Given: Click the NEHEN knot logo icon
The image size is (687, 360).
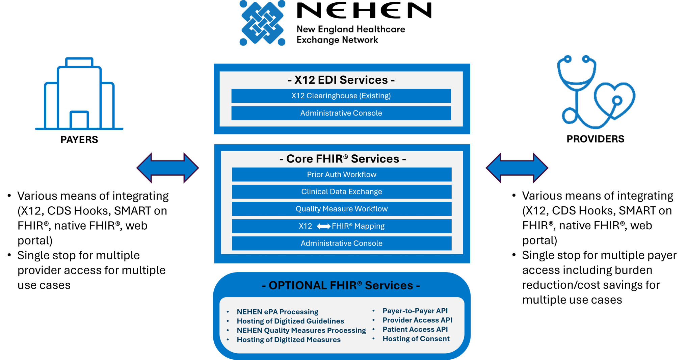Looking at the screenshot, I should (262, 23).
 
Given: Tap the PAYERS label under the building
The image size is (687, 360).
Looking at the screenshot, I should (79, 139).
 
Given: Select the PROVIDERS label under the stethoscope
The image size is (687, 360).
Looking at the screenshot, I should (595, 139).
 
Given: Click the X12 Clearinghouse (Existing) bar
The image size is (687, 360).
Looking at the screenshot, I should (341, 96).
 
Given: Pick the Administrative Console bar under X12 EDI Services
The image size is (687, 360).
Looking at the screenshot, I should (341, 113).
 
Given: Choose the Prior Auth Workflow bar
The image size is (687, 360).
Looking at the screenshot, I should (341, 175).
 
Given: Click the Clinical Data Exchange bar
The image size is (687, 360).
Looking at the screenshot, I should (341, 192).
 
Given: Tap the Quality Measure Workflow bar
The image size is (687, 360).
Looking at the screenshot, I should (341, 209).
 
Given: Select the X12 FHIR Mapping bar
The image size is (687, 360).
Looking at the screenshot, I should (341, 226).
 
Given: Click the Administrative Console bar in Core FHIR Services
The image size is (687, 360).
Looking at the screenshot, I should (341, 243).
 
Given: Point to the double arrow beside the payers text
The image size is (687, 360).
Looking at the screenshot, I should (168, 168).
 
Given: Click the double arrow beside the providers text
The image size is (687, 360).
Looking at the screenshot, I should (517, 168).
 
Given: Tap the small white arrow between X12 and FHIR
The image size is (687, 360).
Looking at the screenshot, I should (323, 226).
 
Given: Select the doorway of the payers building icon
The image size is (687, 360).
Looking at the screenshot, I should (79, 120).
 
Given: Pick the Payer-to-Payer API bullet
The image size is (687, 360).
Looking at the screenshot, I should (415, 311).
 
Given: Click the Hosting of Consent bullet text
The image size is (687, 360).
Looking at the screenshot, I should (416, 339).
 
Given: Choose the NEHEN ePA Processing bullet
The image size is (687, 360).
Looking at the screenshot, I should (277, 312).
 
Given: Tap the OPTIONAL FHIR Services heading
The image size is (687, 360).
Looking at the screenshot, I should (341, 285).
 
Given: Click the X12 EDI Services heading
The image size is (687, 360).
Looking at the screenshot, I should (341, 80).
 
